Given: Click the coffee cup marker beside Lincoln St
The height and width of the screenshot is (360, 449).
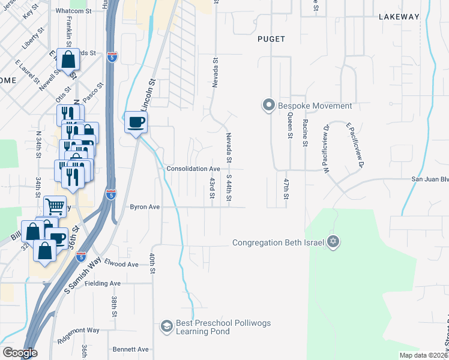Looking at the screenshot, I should coord(136,122).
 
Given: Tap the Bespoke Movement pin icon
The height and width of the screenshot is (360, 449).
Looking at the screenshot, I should coord(268,105).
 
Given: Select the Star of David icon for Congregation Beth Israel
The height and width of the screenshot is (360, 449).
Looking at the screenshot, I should coord(333,242).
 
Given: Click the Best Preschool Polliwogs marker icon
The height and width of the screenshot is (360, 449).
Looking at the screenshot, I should coord(166,326).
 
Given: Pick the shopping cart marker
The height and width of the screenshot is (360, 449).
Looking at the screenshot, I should coord(55,206).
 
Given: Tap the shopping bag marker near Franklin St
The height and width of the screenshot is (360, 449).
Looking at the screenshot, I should coord(68,59).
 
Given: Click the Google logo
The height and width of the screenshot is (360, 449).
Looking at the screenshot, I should coord(20,353).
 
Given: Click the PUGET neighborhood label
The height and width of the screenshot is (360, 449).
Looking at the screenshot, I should coord(271,39).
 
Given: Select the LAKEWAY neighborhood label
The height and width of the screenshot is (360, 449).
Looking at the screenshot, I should coord(398,17).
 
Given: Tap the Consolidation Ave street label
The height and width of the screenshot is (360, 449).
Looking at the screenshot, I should coord(193,169).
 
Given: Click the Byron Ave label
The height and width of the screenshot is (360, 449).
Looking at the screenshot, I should coord(145,207).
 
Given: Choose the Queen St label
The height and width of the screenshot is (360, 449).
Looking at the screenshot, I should coord(289,127).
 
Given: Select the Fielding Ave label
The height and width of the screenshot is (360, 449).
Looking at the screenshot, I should coord(103,283).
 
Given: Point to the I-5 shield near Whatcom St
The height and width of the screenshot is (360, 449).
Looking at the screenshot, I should coord(113,58).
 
